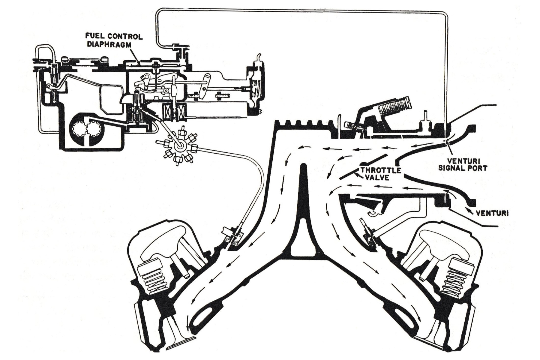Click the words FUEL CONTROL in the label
[x=114, y=37]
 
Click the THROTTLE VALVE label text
[x=380, y=174]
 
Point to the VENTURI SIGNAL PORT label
[x=463, y=164]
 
